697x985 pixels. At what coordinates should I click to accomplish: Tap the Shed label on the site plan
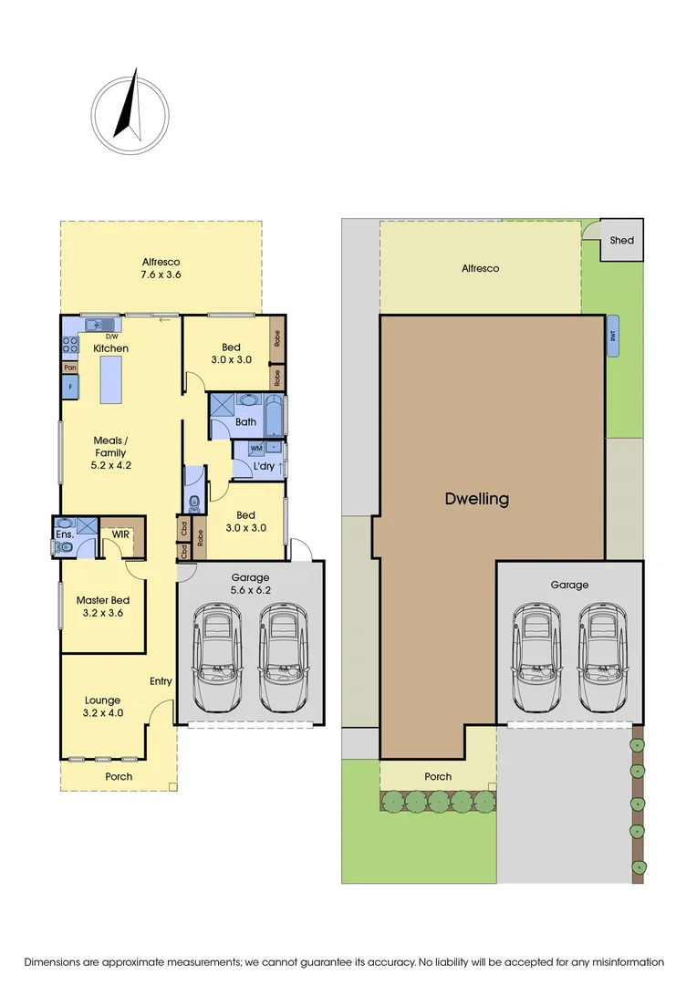coord(621,241)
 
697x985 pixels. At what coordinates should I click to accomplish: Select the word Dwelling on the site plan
coord(476,499)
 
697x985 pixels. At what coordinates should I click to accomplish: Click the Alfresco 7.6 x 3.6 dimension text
coord(161,268)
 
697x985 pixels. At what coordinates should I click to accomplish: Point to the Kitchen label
coord(110,348)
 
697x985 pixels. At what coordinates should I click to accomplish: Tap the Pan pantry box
coord(69,367)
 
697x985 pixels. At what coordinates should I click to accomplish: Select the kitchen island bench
coord(110,379)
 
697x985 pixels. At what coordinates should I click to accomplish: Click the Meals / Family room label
coord(110,452)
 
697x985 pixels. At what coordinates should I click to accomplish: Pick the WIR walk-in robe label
coord(120,534)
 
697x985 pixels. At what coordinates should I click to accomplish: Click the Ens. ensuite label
coord(64,534)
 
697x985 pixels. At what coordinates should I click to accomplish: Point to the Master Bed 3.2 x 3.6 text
coord(102,607)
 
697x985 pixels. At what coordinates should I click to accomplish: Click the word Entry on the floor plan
coord(161,681)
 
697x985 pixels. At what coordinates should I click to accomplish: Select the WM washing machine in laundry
coord(256,448)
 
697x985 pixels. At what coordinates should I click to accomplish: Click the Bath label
coord(245,422)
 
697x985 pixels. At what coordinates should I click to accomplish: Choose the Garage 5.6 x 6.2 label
coord(249,584)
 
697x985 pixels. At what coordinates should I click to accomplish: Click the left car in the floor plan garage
coord(217,658)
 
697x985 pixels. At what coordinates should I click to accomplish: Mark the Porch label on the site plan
coord(438,776)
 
